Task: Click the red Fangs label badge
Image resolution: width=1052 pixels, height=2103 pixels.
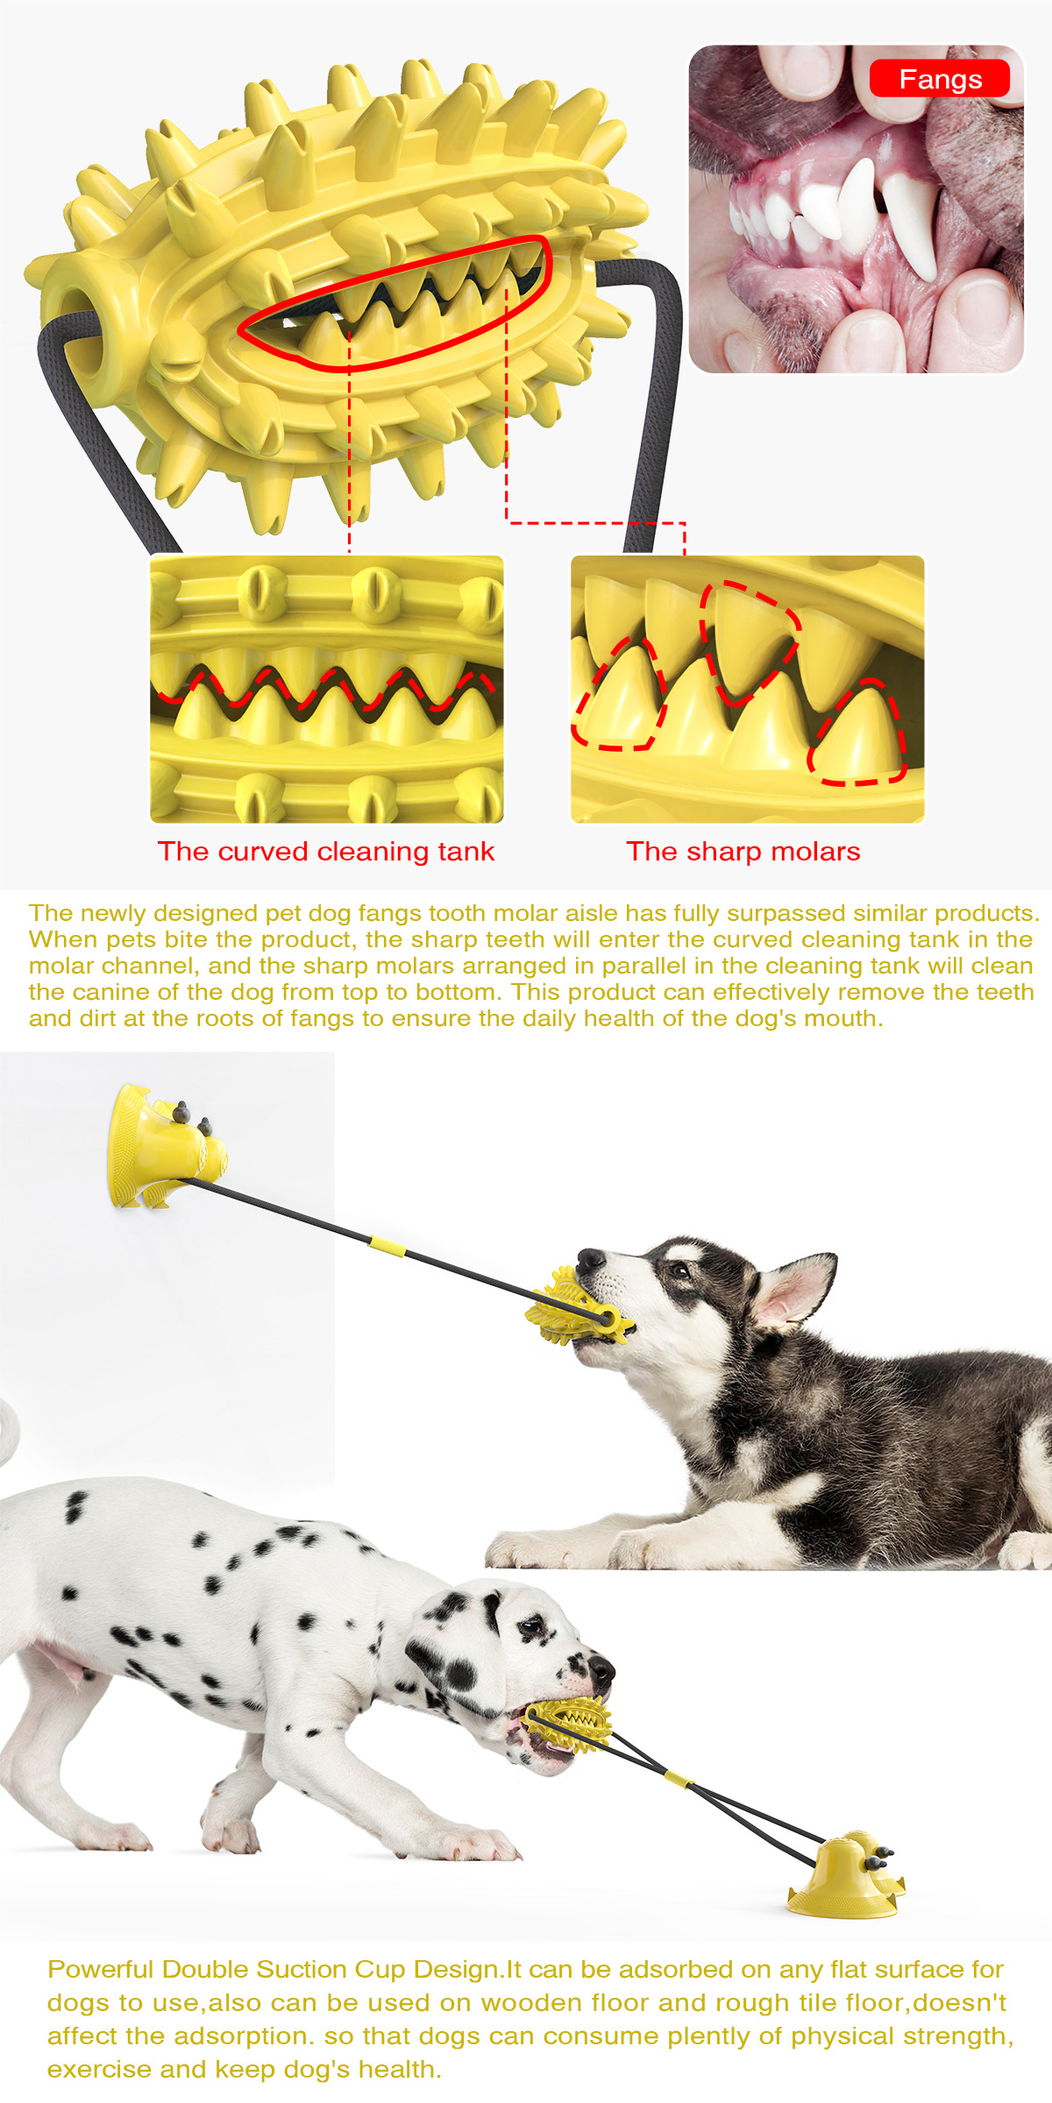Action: pos(939,79)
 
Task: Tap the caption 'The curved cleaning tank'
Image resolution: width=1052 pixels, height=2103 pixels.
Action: pos(326,851)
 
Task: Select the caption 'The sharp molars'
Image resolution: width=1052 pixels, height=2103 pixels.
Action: pos(743,851)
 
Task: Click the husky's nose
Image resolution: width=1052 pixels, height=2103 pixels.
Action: pos(589,1260)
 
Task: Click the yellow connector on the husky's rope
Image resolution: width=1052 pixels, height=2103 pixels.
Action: pos(387,1246)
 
